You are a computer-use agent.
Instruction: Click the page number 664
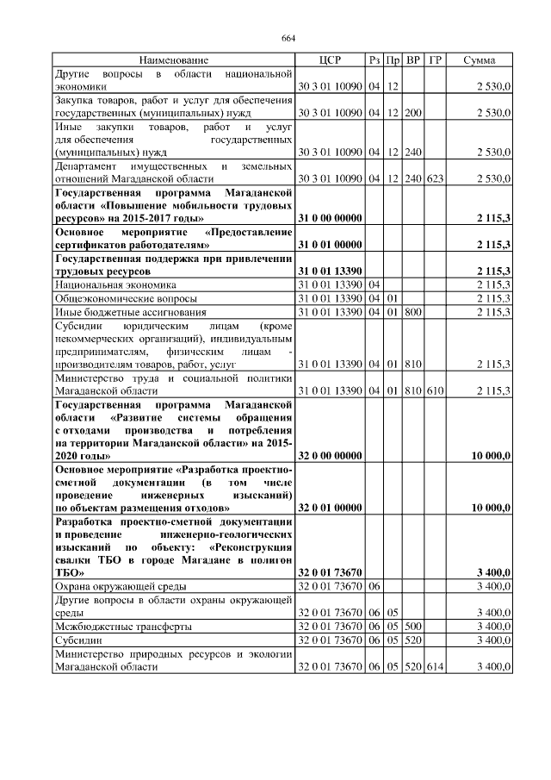coord(288,39)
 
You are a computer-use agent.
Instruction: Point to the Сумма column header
coord(479,59)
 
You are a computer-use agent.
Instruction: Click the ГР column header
coord(435,59)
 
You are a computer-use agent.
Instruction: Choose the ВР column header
coord(413,59)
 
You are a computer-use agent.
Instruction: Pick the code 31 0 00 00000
coord(330,218)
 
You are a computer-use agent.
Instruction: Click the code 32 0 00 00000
coord(330,456)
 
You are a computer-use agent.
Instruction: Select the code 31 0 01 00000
coord(330,245)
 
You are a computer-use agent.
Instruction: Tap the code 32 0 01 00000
coord(330,509)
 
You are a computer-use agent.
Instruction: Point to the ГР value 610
coord(435,390)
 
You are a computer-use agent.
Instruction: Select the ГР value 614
coord(435,667)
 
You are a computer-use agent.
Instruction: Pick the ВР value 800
coord(413,311)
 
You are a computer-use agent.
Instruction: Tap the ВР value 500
coord(413,627)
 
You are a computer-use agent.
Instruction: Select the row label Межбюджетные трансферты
coord(123,627)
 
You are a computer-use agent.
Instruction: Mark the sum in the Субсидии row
coord(492,640)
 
